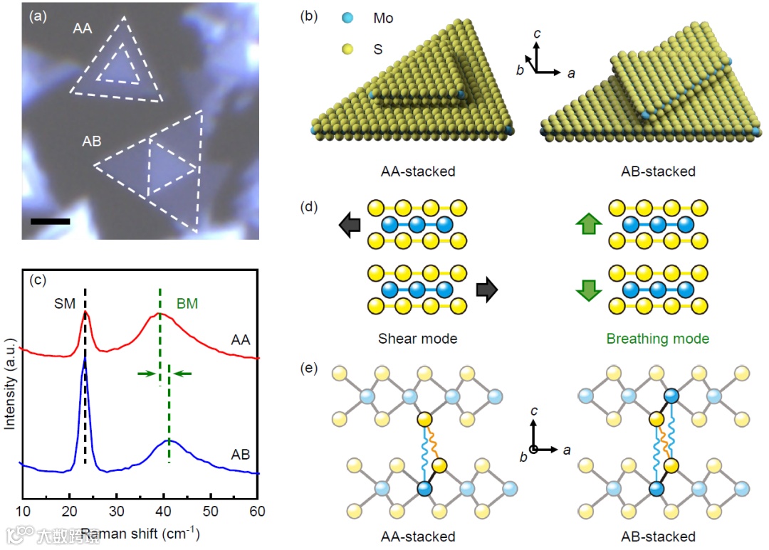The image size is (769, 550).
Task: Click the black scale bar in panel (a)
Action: click(51, 221)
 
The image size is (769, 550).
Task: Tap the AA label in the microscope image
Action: click(83, 29)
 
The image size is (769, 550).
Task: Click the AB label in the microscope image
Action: click(92, 141)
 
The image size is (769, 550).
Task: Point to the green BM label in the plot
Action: click(187, 303)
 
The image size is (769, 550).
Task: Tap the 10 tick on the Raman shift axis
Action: click(23, 510)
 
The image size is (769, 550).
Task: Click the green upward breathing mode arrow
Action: click(588, 225)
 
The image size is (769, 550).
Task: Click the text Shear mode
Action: click(419, 339)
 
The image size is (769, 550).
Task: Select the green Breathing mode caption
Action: click(658, 339)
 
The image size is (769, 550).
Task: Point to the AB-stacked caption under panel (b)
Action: click(659, 171)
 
